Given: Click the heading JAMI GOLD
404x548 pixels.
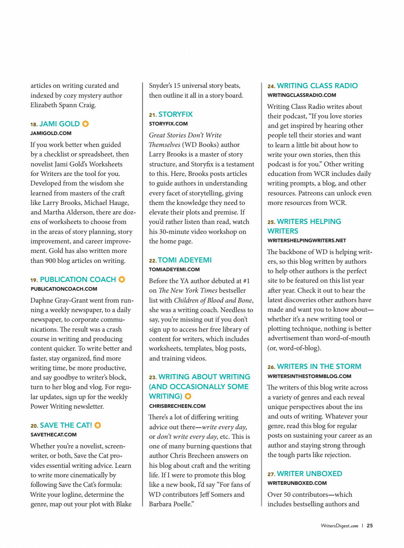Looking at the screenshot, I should (x=59, y=124).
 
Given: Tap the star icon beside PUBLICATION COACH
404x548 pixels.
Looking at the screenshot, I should (x=122, y=280).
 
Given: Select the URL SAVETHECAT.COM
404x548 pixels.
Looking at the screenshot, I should (x=54, y=435).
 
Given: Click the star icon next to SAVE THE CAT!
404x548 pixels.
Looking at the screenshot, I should (x=98, y=425).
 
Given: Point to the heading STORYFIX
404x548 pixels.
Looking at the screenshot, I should (x=175, y=114).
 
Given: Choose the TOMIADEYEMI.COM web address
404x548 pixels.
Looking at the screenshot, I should (x=174, y=270).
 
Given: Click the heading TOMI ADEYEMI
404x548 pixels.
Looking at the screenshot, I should (x=185, y=260).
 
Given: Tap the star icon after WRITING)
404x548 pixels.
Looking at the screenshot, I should (x=188, y=396).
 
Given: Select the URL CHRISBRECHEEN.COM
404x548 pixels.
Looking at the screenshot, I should (x=177, y=406).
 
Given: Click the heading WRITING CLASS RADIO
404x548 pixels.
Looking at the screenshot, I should (x=317, y=86).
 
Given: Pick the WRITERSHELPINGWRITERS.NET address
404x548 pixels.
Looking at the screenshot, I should (x=306, y=241).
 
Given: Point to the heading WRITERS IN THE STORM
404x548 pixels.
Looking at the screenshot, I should (x=319, y=367).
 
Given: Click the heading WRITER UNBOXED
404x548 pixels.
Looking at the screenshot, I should (x=309, y=474).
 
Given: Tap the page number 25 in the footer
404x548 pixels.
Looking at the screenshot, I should (x=370, y=526).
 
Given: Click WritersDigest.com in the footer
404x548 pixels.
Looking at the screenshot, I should (x=339, y=526).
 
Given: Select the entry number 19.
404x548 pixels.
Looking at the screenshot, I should (x=34, y=280).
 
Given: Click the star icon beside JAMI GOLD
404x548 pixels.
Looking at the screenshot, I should (x=85, y=124).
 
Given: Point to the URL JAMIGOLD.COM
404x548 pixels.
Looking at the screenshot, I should (x=51, y=133).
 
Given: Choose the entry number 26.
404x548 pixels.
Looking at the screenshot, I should (x=271, y=367).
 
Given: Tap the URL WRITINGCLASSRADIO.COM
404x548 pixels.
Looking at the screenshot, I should (x=302, y=95).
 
